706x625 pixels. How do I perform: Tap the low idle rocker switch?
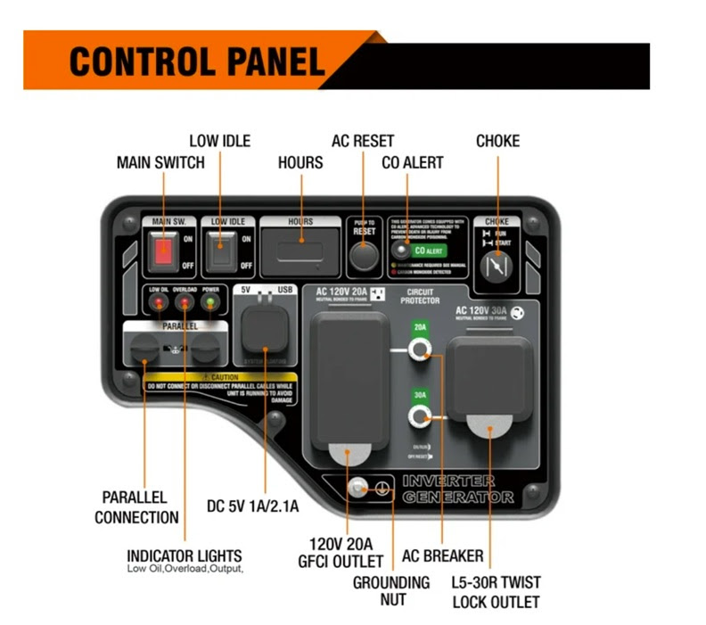point(218,253)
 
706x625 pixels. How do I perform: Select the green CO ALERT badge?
point(429,251)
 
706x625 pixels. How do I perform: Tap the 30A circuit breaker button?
point(419,417)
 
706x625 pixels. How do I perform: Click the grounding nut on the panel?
point(358,488)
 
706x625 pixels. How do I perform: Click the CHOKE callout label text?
point(497,141)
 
